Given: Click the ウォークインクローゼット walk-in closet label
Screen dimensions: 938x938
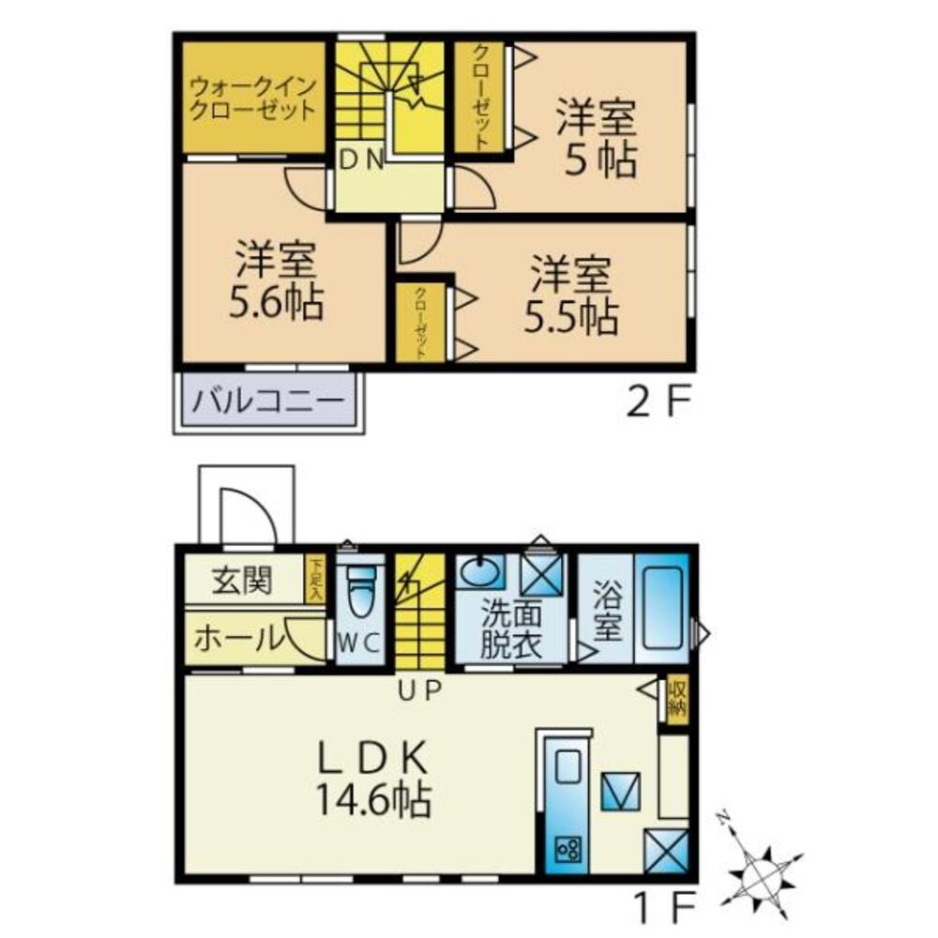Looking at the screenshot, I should click(252, 97).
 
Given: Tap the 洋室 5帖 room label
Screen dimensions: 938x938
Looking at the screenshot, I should click(597, 138).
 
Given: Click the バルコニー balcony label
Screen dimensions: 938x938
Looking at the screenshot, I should click(268, 404).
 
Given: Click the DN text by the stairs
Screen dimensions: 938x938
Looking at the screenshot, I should click(361, 160).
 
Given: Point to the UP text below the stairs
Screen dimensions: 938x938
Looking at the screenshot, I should click(419, 692).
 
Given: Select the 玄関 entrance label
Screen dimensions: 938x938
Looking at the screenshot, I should click(241, 582).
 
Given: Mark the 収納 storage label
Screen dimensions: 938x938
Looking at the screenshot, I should click(677, 699).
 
